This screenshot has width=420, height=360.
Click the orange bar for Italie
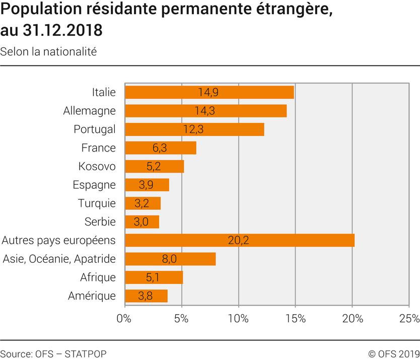tap(209, 92)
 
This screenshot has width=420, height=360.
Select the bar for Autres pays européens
tap(239, 240)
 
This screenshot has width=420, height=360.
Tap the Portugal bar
tap(194, 129)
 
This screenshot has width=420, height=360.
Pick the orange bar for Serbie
tap(142, 222)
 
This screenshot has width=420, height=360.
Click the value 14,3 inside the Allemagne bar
tap(205, 111)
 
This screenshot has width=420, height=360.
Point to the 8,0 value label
tap(170, 259)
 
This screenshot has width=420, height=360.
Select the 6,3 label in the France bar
tap(160, 148)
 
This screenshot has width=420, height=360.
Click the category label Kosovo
tap(97, 167)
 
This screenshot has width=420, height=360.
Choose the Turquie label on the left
tap(97, 203)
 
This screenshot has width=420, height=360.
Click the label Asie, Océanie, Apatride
tap(59, 259)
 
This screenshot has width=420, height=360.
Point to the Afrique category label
tap(98, 277)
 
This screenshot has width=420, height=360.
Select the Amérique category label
tap(92, 296)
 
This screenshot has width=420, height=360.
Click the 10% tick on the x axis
tap(239, 318)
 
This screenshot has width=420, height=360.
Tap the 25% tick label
tap(408, 318)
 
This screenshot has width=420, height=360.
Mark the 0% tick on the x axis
tap(124, 318)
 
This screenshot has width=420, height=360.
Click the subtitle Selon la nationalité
tap(48, 52)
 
